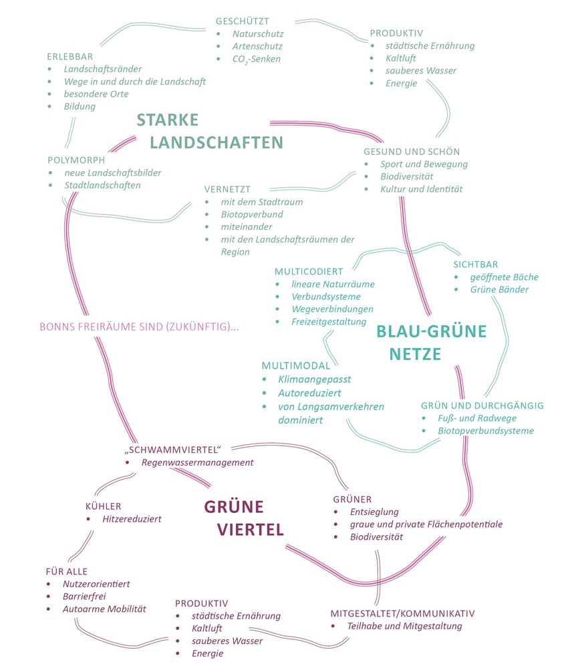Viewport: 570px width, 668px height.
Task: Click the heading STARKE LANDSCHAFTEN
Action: tap(210, 131)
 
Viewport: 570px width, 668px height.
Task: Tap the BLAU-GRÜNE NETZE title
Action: tap(431, 342)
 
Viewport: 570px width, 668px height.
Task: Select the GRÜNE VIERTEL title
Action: tap(243, 517)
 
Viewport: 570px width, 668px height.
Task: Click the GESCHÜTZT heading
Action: tap(242, 21)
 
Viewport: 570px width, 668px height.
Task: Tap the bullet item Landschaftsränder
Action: tap(103, 69)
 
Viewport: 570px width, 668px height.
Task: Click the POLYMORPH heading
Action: tap(77, 160)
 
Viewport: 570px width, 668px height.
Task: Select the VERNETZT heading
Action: tap(227, 189)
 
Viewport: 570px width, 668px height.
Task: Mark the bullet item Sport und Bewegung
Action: tap(424, 164)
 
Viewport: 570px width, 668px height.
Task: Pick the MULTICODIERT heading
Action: tap(309, 271)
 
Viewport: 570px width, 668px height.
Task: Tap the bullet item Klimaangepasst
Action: tap(315, 379)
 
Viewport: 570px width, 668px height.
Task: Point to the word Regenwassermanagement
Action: tap(197, 462)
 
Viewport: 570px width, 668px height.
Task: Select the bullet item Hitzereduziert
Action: tap(132, 518)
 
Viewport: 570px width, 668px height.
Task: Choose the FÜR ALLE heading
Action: tap(66, 571)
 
